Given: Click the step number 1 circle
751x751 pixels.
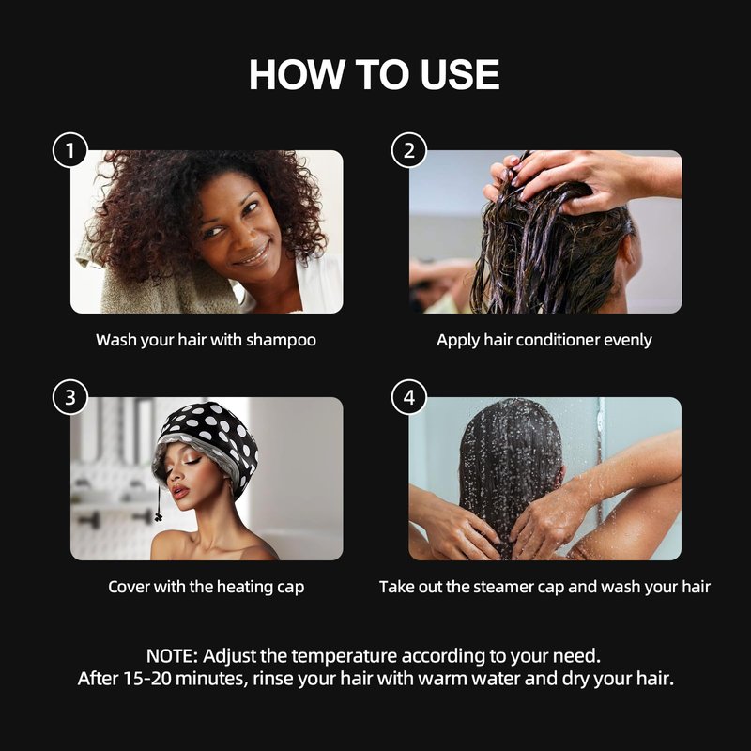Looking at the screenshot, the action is [69, 150].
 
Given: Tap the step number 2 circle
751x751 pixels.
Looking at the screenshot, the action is [409, 150].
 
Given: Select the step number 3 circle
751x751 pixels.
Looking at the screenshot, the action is [69, 397].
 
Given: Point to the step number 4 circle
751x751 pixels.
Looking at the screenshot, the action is [409, 397].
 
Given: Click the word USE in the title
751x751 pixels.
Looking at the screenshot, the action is [460, 75].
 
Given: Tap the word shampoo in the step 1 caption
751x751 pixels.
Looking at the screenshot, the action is [281, 341].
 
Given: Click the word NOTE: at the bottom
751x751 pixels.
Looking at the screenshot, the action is [172, 655].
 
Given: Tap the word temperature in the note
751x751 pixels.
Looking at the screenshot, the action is [345, 656].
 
